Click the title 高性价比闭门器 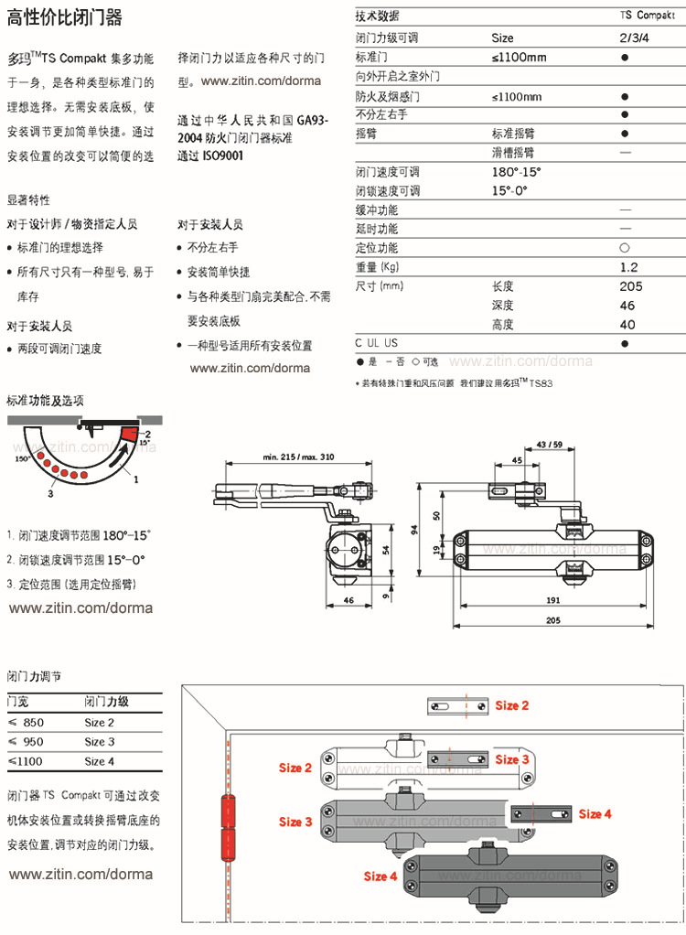click(x=64, y=17)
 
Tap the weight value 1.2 click(x=627, y=267)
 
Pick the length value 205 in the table click(x=630, y=286)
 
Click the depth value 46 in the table click(x=627, y=306)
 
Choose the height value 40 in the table click(x=627, y=325)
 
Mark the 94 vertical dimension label click(x=414, y=528)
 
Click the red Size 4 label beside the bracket click(x=595, y=813)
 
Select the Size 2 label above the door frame click(x=512, y=705)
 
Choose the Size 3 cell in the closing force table click(x=100, y=742)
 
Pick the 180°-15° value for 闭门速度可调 click(x=516, y=172)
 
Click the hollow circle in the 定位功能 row click(x=624, y=248)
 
